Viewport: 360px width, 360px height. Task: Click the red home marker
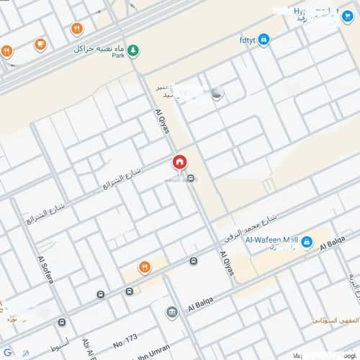click(x=179, y=163)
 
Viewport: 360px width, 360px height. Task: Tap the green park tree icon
click(x=135, y=51)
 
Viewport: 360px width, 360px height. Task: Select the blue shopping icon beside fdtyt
click(x=264, y=38)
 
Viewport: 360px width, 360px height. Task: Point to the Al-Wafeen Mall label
click(x=271, y=240)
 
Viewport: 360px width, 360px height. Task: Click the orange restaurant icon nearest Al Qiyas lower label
click(x=144, y=266)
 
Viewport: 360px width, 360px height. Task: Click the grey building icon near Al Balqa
click(x=171, y=312)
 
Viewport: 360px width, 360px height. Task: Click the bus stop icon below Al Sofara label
click(x=62, y=322)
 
